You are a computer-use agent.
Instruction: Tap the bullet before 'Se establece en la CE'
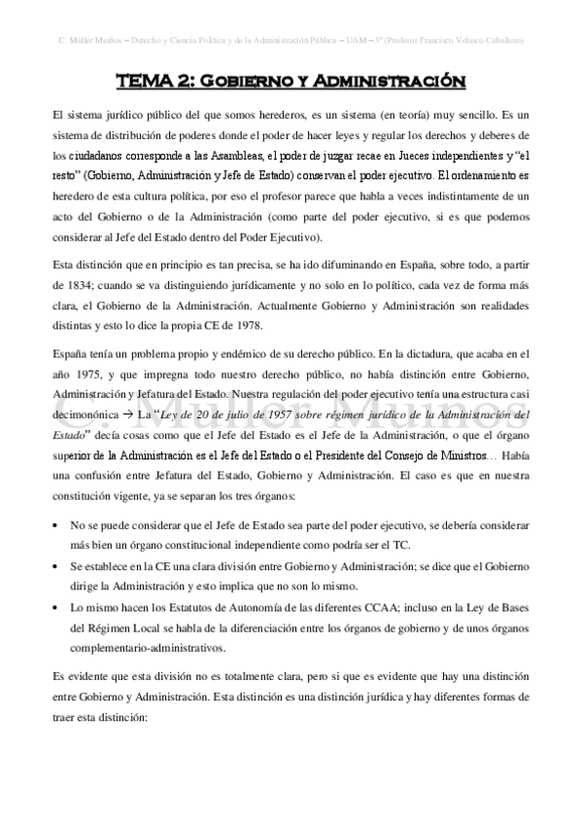[56, 565]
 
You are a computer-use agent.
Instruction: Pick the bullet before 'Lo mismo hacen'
[56, 605]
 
